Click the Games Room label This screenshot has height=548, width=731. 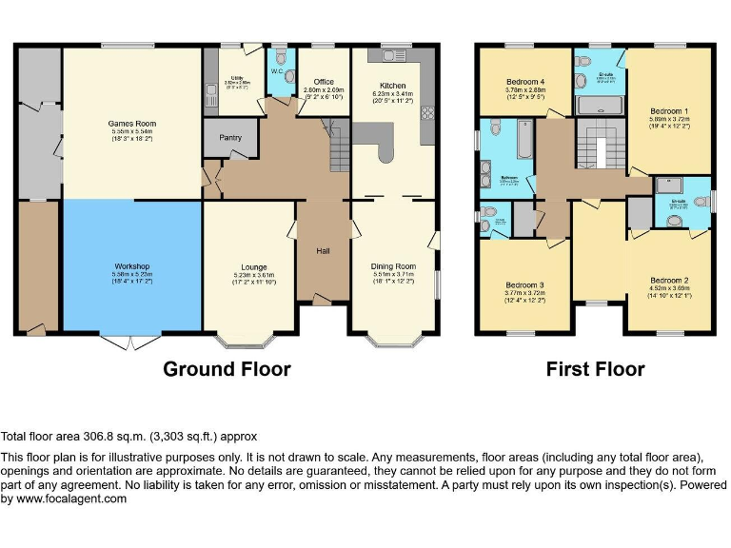click(132, 124)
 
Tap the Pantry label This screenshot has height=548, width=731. click(229, 138)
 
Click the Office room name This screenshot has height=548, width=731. click(323, 83)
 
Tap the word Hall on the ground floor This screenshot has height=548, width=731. click(324, 251)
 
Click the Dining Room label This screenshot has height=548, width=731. click(393, 266)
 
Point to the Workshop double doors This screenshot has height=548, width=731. click(131, 341)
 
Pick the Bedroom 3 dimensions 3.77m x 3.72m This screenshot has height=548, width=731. click(524, 294)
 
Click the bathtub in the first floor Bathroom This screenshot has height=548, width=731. click(522, 140)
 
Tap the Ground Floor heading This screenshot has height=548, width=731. click(227, 369)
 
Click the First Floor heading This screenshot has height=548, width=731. click(595, 369)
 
